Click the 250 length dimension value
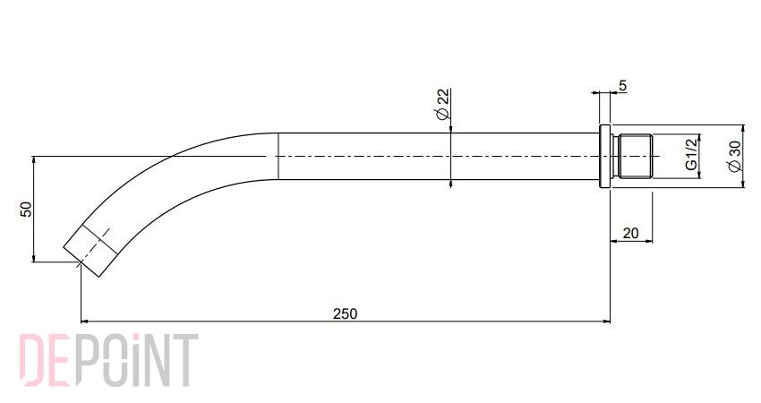click(x=345, y=313)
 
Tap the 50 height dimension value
click(x=26, y=210)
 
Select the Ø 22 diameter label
click(x=443, y=104)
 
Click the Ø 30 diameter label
click(x=735, y=156)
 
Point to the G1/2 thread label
click(x=691, y=154)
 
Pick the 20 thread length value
click(x=630, y=234)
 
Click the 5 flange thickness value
click(x=623, y=85)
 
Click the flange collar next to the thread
click(x=605, y=157)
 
